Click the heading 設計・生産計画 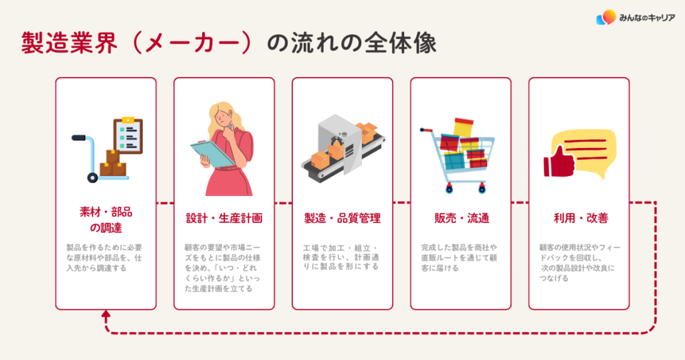(x=224, y=218)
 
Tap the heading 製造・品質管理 (x=342, y=218)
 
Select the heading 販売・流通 (x=462, y=218)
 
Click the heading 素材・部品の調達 (x=106, y=219)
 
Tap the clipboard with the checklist (x=128, y=135)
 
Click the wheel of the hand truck (x=92, y=177)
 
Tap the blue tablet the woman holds (x=209, y=154)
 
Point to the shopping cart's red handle (x=425, y=130)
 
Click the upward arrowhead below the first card (x=106, y=314)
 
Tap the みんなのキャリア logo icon (x=606, y=17)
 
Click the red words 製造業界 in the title (x=70, y=43)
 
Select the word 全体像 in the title (x=401, y=43)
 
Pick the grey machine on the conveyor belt (x=340, y=143)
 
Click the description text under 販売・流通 (x=459, y=258)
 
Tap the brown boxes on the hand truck (x=113, y=163)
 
